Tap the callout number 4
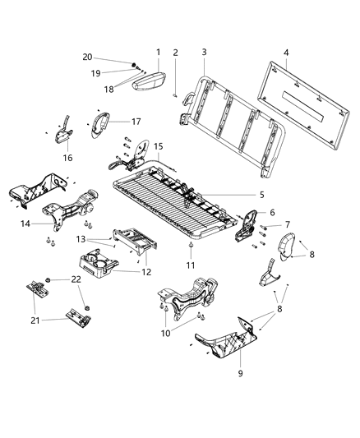286,53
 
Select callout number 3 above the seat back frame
204,52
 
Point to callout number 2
175,53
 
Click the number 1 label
158,52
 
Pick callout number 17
137,121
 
